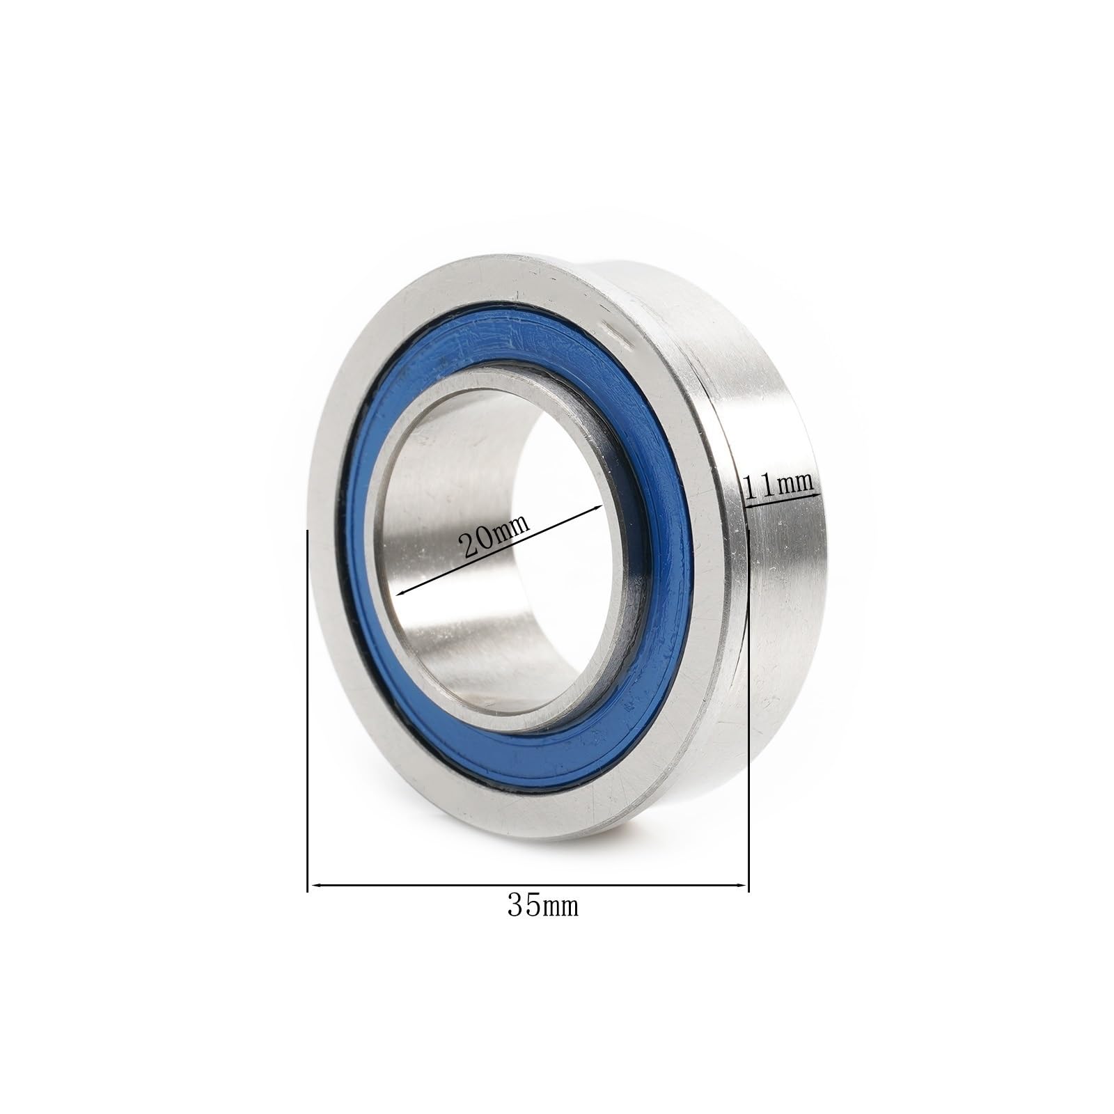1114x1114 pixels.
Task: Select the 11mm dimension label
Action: click(x=778, y=483)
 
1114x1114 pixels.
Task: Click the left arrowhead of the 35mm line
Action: click(x=315, y=886)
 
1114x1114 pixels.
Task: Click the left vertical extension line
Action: click(x=307, y=696)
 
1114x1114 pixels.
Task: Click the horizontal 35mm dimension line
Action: click(x=529, y=886)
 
